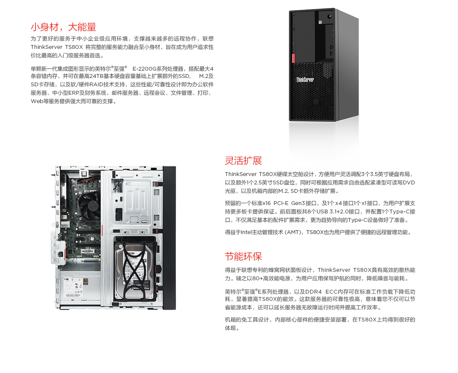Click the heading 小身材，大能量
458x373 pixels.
[63, 27]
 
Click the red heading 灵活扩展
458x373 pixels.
[243, 160]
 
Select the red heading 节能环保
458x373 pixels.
[243, 256]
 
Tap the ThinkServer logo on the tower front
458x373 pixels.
[305, 80]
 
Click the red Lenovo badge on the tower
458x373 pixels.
[294, 58]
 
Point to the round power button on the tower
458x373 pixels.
[329, 18]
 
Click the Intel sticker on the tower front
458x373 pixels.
[321, 23]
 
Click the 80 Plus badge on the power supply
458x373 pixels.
[85, 281]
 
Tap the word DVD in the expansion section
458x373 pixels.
[409, 182]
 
